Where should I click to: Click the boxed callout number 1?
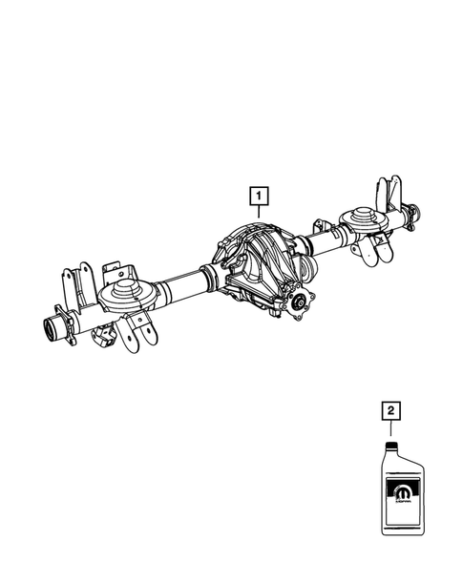tap(257, 198)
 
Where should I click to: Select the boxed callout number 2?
tap(389, 411)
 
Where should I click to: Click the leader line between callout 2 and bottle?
tap(389, 431)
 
